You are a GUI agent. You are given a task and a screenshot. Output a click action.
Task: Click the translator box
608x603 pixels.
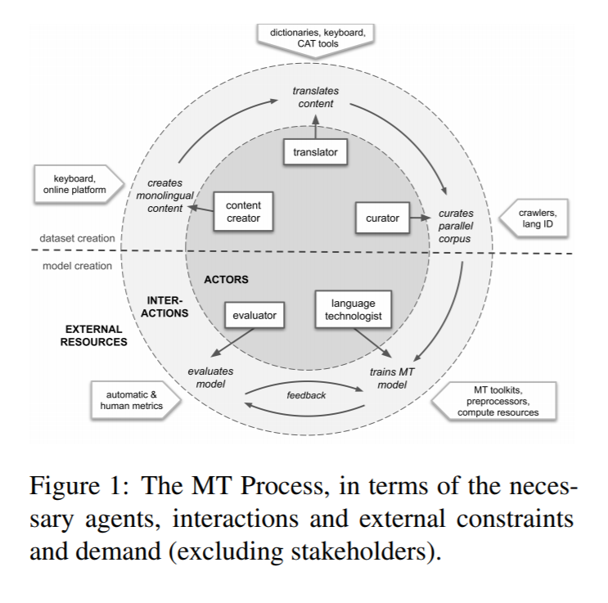(315, 152)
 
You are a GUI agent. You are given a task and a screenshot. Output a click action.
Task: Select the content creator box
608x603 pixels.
(243, 211)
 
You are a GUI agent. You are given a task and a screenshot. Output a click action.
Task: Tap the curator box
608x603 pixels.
(382, 218)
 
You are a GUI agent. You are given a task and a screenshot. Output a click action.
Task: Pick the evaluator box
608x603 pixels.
(254, 315)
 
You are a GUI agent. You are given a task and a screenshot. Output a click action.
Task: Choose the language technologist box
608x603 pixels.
(354, 309)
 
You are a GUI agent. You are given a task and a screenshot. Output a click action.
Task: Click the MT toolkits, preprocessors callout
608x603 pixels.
(494, 401)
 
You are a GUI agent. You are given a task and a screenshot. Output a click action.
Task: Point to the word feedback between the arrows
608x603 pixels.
(306, 395)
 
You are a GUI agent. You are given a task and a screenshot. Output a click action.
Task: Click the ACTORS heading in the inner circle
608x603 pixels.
(226, 280)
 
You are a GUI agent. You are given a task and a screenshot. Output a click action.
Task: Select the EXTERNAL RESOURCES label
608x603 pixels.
(94, 335)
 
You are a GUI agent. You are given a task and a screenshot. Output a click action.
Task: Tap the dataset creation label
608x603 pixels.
(77, 238)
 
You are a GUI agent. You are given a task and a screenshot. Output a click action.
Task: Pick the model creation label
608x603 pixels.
(77, 266)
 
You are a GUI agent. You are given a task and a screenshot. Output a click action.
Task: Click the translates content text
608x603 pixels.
(316, 97)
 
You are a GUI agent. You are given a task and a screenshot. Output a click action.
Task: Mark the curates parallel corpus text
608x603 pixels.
(456, 226)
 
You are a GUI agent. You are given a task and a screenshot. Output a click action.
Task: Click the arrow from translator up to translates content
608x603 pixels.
(316, 127)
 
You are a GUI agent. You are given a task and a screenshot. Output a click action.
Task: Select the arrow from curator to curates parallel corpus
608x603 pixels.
(421, 218)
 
